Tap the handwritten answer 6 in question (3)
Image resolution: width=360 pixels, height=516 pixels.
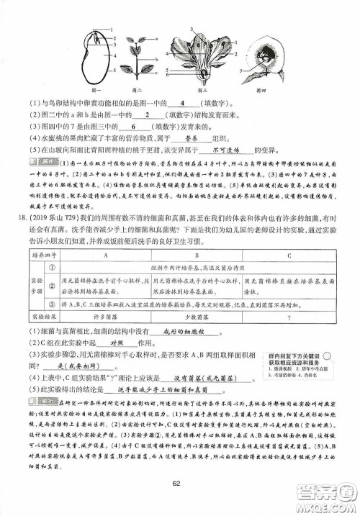pos(155,127)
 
